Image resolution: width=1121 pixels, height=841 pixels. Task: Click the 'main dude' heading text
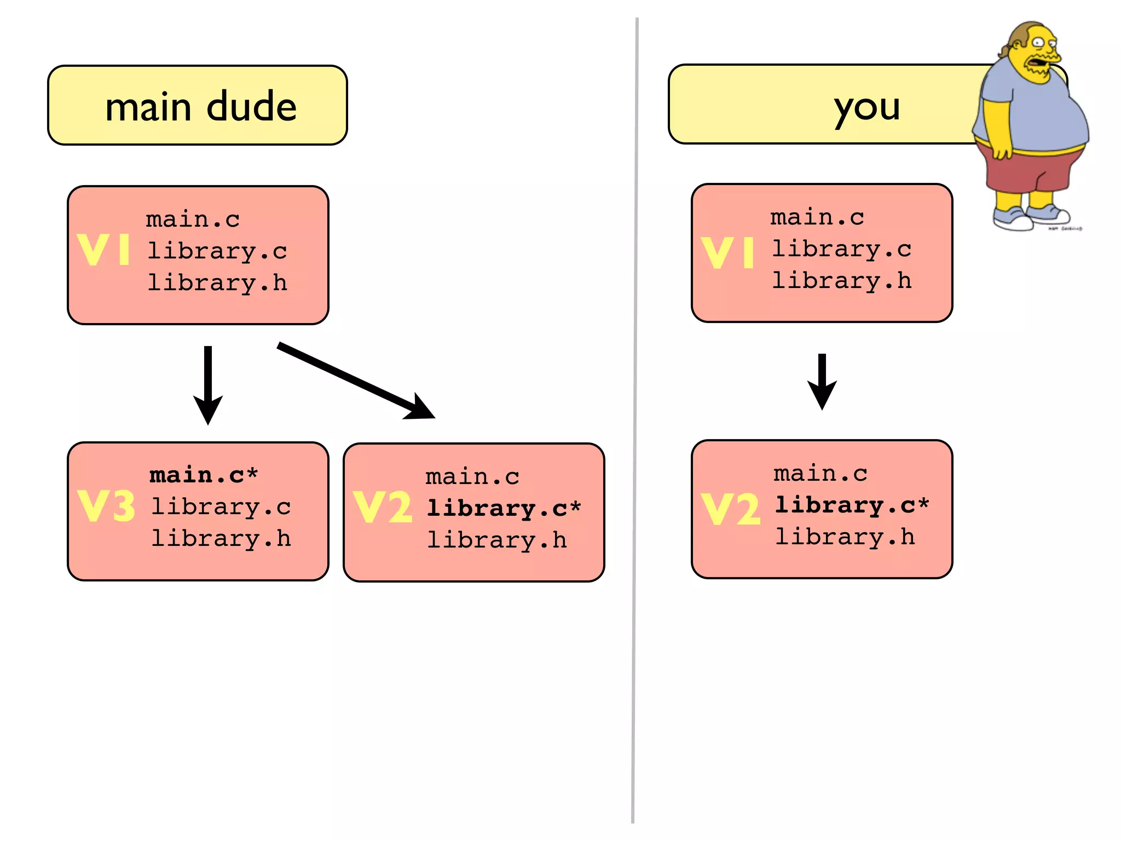pos(200,106)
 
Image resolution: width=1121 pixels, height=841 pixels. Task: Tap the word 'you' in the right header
pos(866,107)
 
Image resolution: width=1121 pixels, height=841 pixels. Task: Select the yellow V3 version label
pos(106,506)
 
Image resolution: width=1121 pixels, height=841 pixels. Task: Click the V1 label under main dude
pos(104,250)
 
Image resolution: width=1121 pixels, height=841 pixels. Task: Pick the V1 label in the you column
pos(727,252)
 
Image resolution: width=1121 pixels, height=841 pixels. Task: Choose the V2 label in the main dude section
pos(382,507)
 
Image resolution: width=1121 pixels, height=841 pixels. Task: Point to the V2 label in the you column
pos(731,509)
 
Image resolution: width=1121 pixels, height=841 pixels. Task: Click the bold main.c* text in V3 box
pos(203,475)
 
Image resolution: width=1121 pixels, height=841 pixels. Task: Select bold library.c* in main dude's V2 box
pos(503,509)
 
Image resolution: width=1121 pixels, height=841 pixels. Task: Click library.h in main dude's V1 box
pos(217,283)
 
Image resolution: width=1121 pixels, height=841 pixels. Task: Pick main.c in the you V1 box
pos(817,217)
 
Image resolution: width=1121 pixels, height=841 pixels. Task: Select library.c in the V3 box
pos(221,507)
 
